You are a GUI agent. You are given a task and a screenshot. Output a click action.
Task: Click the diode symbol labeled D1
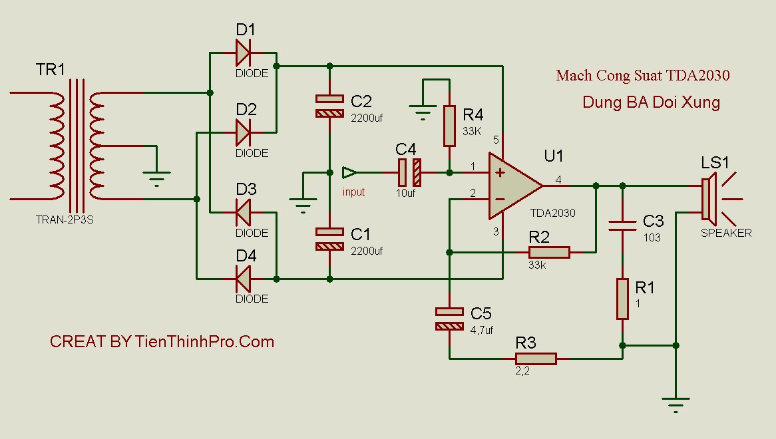tap(243, 53)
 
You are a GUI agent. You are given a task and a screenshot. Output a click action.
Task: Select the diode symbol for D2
tap(243, 132)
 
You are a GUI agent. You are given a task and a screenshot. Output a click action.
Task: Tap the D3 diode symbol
tap(243, 212)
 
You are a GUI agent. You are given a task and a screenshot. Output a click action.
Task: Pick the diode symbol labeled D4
tap(243, 279)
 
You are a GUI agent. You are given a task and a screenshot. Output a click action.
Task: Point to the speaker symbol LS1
tap(709, 198)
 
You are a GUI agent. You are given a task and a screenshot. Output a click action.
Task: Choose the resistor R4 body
tap(449, 126)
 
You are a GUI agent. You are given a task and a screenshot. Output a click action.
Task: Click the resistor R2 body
tap(549, 252)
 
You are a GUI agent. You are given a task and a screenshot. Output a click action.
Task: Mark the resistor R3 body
tap(536, 359)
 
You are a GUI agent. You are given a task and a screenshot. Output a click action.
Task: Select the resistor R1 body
tap(622, 299)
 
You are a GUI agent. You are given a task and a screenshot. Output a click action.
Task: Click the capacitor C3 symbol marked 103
tap(622, 225)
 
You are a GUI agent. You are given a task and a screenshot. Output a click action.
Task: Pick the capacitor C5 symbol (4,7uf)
tap(449, 319)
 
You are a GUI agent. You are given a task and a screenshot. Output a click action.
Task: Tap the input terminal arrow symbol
tap(349, 173)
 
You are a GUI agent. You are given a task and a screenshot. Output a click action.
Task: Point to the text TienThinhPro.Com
tap(204, 342)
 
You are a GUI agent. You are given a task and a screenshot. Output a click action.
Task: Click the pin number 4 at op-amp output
tap(558, 179)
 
